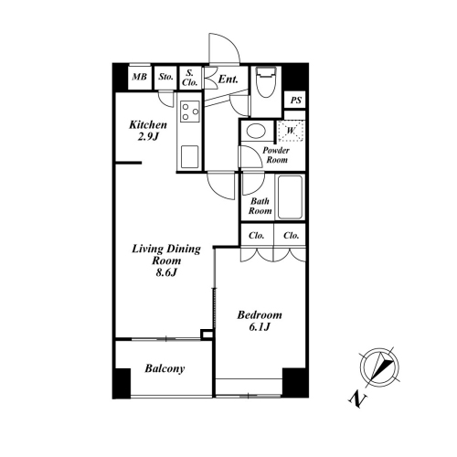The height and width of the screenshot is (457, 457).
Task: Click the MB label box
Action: click(x=139, y=77)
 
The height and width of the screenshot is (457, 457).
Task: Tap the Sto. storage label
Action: click(x=165, y=77)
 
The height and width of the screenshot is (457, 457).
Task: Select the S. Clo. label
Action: click(x=190, y=78)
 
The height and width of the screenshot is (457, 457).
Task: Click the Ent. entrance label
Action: click(x=228, y=80)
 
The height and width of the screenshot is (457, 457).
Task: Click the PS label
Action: click(x=295, y=100)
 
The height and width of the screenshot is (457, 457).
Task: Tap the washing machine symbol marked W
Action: click(x=291, y=131)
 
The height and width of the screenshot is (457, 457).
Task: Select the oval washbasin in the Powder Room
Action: click(x=256, y=131)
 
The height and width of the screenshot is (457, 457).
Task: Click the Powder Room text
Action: click(x=276, y=155)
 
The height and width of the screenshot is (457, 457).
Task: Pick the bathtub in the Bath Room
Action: click(x=290, y=197)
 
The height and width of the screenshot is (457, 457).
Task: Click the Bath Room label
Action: click(x=260, y=206)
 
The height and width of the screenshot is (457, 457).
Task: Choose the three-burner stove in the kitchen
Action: click(x=189, y=112)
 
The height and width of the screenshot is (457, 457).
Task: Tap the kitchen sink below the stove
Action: click(x=189, y=156)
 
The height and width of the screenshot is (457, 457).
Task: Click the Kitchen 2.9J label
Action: click(x=148, y=131)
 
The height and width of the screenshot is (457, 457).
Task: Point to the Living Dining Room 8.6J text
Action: click(x=166, y=260)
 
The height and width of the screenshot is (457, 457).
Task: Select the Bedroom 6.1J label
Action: click(x=260, y=321)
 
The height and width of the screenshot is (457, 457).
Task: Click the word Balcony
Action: click(x=165, y=368)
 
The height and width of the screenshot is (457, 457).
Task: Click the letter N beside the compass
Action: click(x=358, y=399)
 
